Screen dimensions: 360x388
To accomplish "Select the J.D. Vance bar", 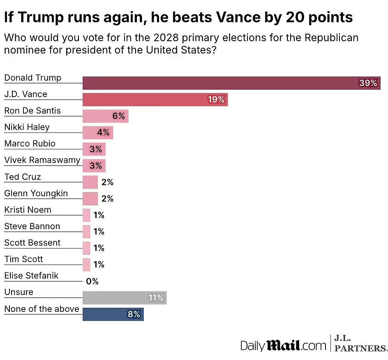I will [x=155, y=100].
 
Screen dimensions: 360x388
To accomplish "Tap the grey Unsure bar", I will [x=125, y=297].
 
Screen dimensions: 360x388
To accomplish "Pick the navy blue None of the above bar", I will [x=113, y=314].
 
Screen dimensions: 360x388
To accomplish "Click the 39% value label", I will [x=368, y=83].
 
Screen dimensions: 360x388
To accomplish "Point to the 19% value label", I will [x=216, y=100].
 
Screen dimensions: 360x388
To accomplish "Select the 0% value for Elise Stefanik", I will [x=92, y=281].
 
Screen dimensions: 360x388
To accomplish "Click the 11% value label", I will [x=156, y=297].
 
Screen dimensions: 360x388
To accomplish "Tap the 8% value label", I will [x=134, y=314].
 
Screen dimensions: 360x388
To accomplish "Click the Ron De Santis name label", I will [x=32, y=111].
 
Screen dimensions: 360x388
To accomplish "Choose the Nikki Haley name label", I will [x=27, y=127].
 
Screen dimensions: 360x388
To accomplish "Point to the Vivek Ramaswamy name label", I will [x=42, y=160].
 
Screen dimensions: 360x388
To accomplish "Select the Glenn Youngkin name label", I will [x=36, y=193].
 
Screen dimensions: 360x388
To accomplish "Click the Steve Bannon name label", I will [x=32, y=226].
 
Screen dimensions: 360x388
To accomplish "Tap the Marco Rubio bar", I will [x=94, y=149].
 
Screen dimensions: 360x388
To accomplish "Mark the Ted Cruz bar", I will [x=90, y=182].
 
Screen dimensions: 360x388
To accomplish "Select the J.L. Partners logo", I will [x=360, y=344].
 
